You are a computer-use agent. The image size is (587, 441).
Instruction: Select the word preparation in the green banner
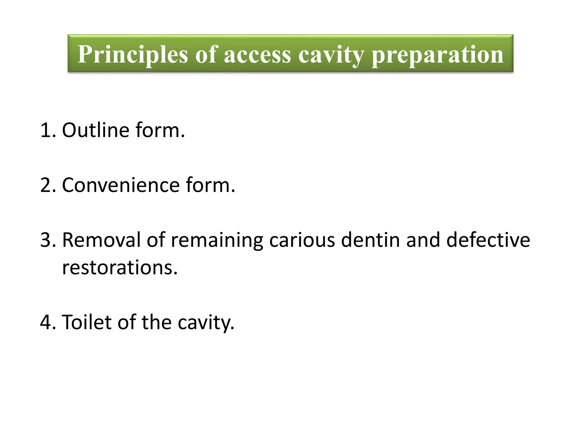tap(438, 55)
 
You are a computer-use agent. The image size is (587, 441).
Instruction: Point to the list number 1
tap(47, 131)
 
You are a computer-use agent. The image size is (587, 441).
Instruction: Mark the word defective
tap(488, 240)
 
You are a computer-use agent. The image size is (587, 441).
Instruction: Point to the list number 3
tap(47, 240)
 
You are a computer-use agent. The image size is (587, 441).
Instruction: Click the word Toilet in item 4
tap(87, 322)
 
